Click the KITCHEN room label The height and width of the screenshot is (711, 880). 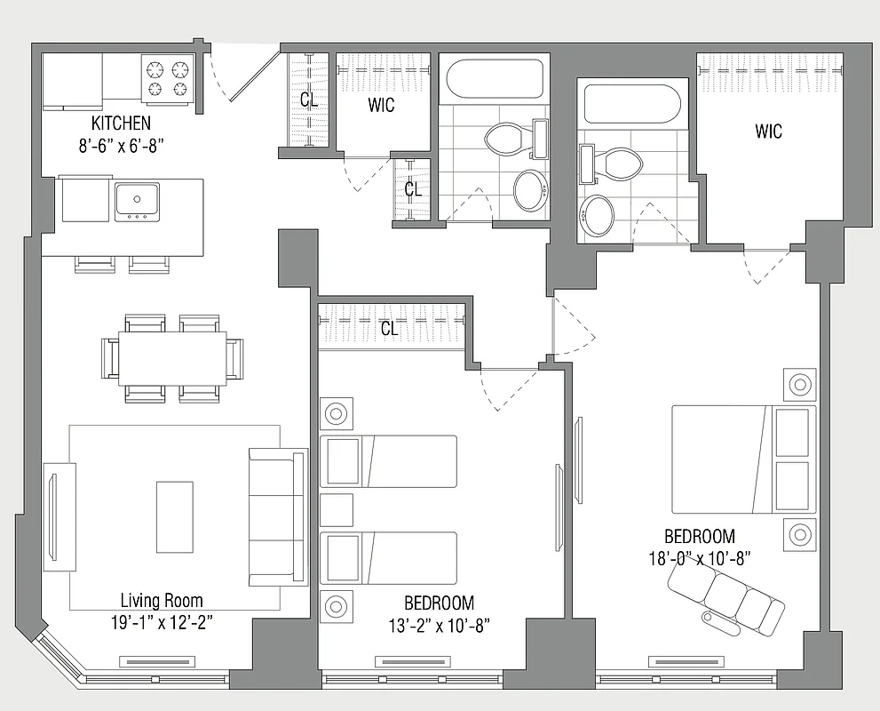point(121,123)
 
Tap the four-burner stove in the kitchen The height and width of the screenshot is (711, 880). point(168,79)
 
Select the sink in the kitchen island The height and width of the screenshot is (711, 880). point(137,201)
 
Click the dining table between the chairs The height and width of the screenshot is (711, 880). point(172,358)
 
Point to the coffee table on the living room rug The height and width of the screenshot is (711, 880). point(175,517)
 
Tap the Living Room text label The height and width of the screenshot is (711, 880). point(163,602)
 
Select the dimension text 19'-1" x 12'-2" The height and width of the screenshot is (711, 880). point(163,621)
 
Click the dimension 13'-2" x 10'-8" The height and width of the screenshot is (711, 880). point(439,624)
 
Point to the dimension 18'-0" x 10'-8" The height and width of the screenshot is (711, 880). point(700,557)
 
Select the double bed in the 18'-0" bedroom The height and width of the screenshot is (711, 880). point(742,459)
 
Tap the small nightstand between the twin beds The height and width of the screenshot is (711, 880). point(337,510)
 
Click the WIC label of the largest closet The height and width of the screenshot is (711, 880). point(769,132)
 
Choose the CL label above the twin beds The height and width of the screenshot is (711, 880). point(389,329)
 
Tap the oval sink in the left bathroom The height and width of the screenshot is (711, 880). point(532,189)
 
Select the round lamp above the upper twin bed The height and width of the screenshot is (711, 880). point(337,414)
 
